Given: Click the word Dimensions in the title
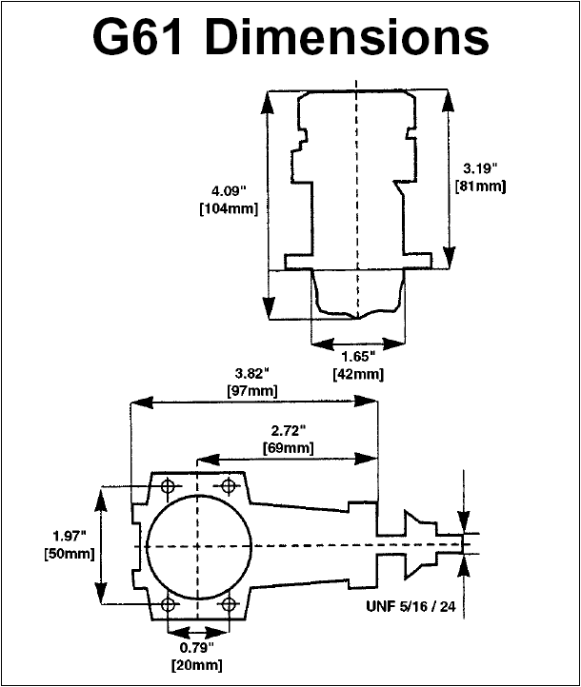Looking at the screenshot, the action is tap(347, 37).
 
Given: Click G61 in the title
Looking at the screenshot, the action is tap(137, 37).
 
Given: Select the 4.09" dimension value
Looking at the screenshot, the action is tap(229, 191).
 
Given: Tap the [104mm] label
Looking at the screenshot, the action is tap(229, 208).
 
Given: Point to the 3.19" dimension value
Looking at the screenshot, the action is tap(481, 168).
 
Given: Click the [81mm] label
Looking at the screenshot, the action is tap(481, 186).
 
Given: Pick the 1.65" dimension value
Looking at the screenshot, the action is tap(358, 357).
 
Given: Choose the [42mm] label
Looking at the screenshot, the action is tap(358, 374).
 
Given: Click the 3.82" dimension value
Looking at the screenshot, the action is tap(251, 373).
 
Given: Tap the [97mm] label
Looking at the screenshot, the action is tap(252, 390).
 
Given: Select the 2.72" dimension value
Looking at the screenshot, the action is tap(288, 431).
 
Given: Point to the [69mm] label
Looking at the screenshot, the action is tap(288, 448).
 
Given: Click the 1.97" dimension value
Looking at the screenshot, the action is tap(70, 536).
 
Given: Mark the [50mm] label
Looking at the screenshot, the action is tap(70, 554).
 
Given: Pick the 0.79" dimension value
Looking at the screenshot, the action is tap(197, 647).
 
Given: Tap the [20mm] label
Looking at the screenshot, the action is tap(197, 665).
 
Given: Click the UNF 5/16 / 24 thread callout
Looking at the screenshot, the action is tap(411, 606).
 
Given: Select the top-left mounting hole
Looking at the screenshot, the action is tap(168, 486).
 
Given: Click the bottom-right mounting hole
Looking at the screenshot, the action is tap(228, 605).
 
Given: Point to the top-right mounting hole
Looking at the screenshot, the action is tap(228, 485).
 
